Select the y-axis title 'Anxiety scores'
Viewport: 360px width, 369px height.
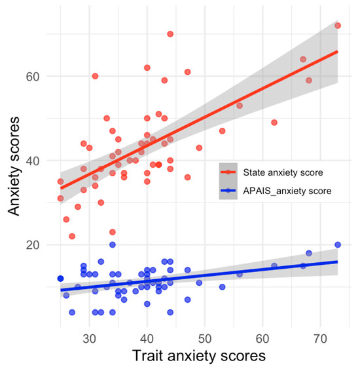click(16, 168)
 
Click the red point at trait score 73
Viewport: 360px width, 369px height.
click(338, 26)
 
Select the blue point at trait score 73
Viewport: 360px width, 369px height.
click(338, 244)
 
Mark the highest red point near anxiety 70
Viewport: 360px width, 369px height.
click(170, 34)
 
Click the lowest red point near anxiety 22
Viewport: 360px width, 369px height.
click(72, 236)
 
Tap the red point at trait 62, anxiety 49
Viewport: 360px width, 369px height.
click(274, 123)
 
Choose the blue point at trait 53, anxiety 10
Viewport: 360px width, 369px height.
click(222, 286)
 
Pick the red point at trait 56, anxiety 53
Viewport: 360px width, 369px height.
click(240, 106)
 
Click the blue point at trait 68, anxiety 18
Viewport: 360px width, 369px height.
click(309, 253)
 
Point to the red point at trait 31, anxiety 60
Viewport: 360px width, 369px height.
click(95, 76)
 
